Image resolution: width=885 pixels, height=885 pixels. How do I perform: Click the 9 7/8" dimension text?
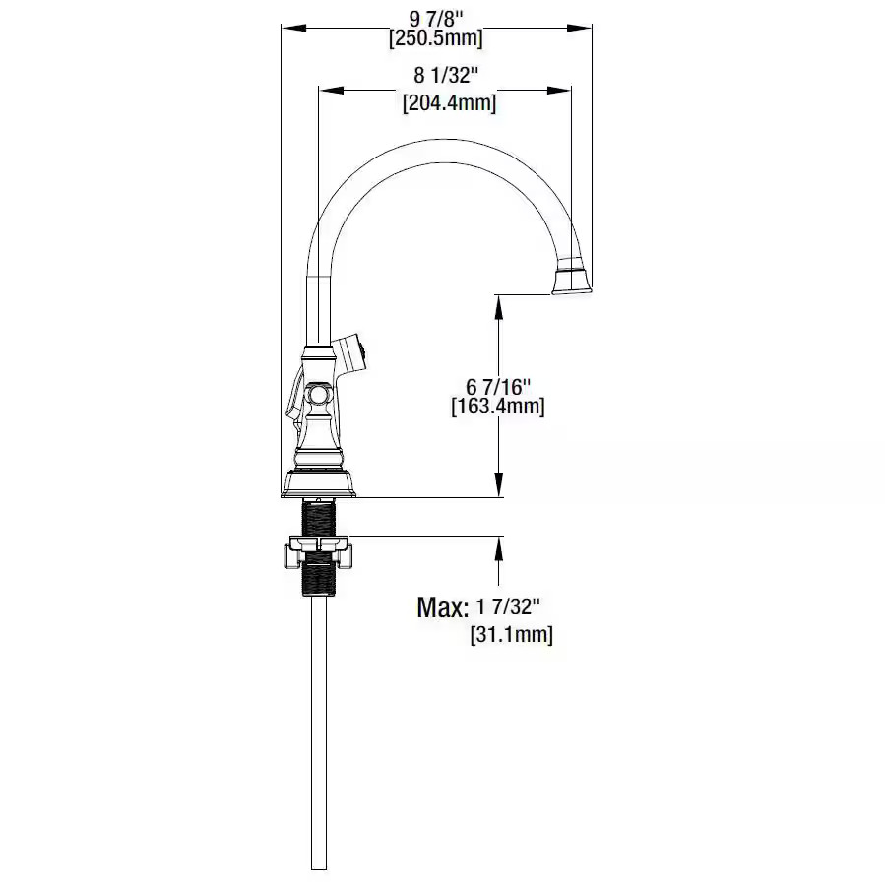(435, 19)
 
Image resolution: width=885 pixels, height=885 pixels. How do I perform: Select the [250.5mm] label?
(436, 38)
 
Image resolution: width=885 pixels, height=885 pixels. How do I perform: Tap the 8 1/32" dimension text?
(446, 75)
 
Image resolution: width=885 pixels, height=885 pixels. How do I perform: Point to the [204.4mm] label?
(449, 103)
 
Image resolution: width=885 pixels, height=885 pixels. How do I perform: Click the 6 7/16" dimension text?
(498, 387)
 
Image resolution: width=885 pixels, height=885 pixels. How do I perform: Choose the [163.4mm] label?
(498, 407)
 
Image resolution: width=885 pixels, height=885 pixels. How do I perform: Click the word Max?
(443, 607)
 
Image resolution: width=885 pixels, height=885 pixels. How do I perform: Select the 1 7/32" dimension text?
(509, 607)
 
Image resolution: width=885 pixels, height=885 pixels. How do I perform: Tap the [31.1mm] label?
(511, 634)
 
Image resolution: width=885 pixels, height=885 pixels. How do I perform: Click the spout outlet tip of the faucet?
(572, 290)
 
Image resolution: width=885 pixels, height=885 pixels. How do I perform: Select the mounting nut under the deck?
(319, 551)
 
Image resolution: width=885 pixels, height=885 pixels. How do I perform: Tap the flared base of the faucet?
(319, 483)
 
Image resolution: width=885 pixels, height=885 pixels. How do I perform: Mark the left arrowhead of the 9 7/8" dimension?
(293, 28)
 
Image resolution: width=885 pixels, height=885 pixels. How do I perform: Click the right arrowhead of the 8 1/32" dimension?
(559, 90)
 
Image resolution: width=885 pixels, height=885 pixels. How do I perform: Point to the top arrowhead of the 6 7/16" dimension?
(498, 307)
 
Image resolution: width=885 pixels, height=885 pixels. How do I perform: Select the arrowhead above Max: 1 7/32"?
(498, 548)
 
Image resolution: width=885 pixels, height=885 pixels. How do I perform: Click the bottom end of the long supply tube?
(319, 869)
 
